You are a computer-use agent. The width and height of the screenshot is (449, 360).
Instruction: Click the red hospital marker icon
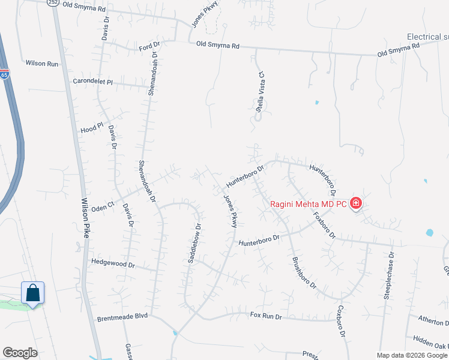356,203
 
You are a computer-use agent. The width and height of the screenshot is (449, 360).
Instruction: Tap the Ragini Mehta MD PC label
308,204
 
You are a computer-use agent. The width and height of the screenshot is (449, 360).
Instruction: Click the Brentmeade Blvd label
122,316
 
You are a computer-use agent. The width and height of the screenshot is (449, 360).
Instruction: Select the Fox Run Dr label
266,314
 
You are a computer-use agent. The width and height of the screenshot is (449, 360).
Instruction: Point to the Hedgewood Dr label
113,263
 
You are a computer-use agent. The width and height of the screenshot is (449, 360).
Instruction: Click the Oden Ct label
103,206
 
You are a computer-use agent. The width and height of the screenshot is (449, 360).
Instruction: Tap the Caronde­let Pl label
92,81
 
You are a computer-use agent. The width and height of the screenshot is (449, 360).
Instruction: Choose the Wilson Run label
42,62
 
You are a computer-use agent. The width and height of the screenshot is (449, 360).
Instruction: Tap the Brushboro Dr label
304,272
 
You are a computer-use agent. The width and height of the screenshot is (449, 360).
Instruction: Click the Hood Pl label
92,128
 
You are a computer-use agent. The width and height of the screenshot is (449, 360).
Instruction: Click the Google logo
20,353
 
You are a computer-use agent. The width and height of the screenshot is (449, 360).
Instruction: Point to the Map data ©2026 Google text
412,355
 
